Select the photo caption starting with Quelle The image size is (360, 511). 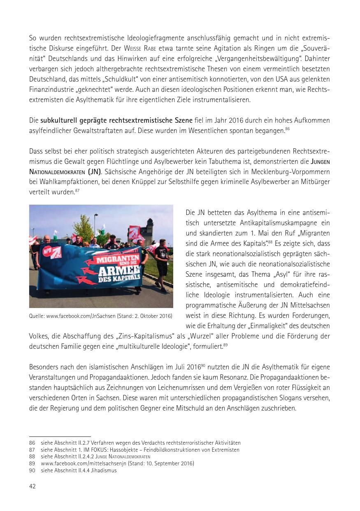(x=101, y=316)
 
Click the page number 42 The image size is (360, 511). (x=33, y=486)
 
